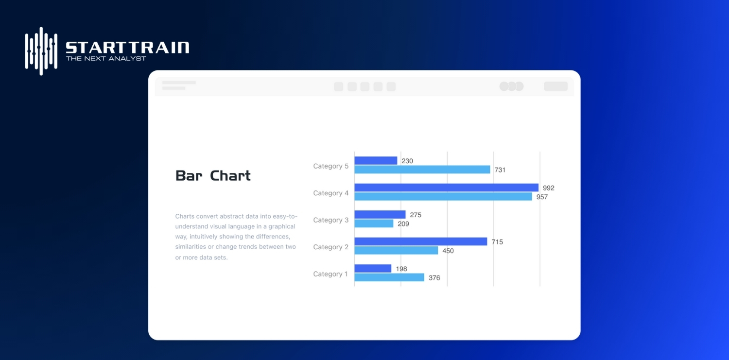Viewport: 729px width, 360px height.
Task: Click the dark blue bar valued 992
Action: [446, 188]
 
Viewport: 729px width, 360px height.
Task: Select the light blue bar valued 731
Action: [422, 170]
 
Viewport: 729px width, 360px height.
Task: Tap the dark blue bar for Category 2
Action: [420, 241]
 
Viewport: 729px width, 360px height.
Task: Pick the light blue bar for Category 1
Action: [389, 277]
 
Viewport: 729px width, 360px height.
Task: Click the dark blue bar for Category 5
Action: [376, 160]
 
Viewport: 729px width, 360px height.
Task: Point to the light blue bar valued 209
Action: [374, 223]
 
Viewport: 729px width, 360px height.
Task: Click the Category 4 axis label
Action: [330, 193]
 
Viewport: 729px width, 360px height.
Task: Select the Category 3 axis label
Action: [330, 220]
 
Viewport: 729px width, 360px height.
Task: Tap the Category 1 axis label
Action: [330, 274]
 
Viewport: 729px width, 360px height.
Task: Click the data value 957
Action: [542, 197]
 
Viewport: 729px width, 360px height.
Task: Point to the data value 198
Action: [401, 269]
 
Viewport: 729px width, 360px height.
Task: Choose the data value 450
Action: [448, 251]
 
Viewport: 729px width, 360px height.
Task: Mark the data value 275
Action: [416, 215]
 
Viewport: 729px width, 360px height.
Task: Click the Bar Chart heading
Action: [213, 175]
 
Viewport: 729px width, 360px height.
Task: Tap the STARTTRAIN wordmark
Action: [127, 48]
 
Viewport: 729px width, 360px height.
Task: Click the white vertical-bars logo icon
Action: [41, 51]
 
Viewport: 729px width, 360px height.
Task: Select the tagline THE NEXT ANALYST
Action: [106, 59]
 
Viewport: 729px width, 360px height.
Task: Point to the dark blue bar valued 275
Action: [380, 214]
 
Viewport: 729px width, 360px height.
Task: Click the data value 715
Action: [497, 241]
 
